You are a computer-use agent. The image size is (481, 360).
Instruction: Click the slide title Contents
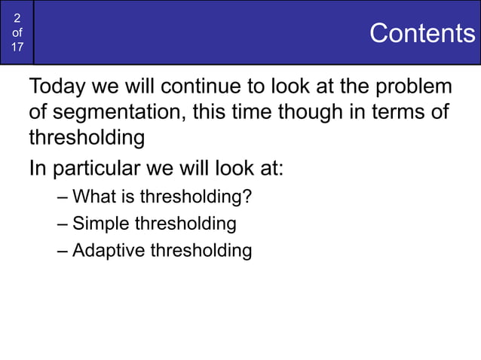[x=422, y=33]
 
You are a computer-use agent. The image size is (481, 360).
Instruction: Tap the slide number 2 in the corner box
[x=17, y=19]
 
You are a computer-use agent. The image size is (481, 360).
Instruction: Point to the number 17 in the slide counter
[x=17, y=47]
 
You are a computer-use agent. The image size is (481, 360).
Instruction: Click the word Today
[x=58, y=87]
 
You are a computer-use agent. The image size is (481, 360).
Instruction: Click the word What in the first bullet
[x=93, y=198]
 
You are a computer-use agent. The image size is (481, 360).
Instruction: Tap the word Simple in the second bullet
[x=101, y=224]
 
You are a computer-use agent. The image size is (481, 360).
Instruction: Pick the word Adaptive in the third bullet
[x=108, y=250]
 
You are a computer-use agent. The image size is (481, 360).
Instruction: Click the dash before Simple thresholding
[x=62, y=224]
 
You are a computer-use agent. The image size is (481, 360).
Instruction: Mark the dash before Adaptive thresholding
[x=62, y=251]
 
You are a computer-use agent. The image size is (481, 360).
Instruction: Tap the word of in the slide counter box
[x=17, y=33]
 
